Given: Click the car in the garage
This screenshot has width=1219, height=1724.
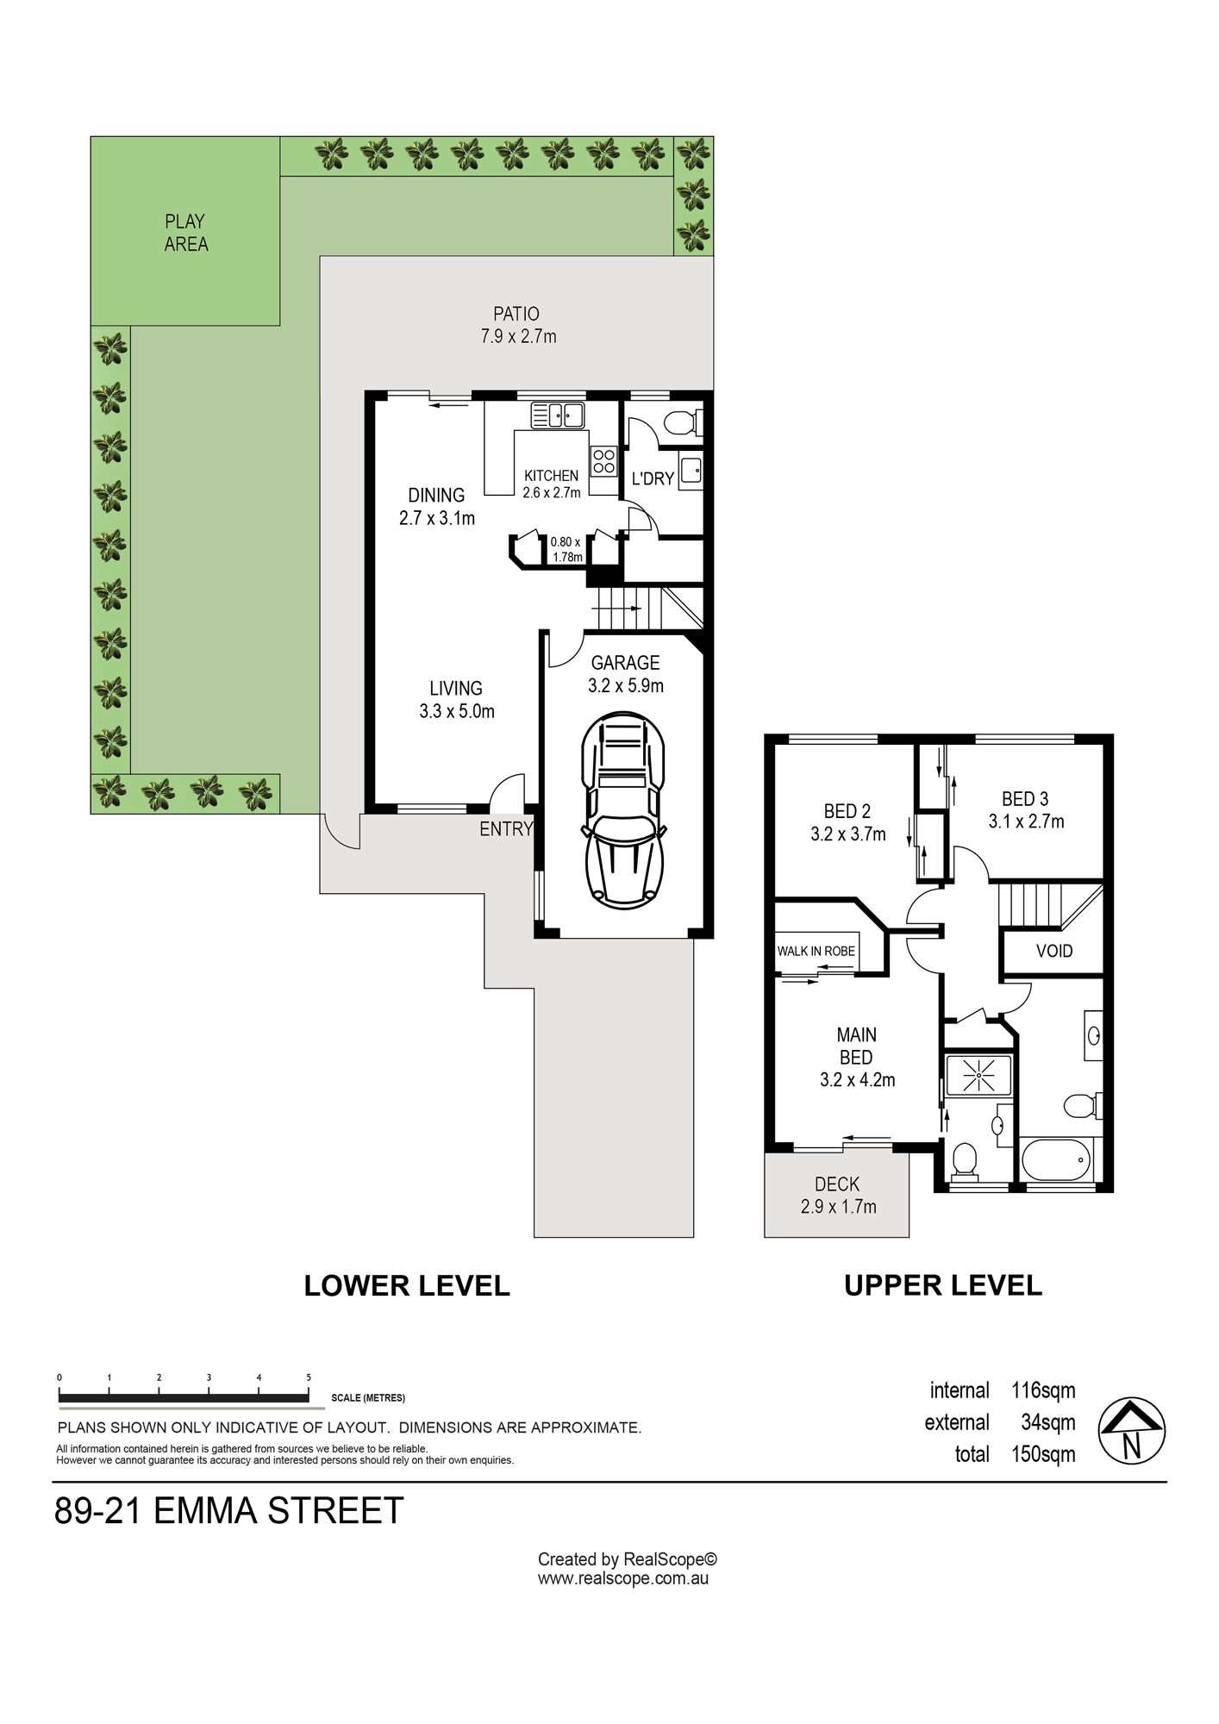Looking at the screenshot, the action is [x=624, y=810].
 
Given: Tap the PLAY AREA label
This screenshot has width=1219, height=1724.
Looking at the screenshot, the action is [x=186, y=233].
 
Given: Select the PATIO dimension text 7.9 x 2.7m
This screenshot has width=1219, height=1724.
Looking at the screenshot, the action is [x=518, y=336].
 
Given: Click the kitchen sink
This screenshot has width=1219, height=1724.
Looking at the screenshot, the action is [x=557, y=415].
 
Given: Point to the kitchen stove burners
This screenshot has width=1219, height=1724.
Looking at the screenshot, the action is [x=603, y=461].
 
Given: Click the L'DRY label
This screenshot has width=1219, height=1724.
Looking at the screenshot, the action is [x=653, y=478].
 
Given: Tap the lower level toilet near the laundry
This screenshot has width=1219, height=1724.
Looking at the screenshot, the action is [x=683, y=423].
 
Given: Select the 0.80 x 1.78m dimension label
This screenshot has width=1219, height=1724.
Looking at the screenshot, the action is [x=566, y=549].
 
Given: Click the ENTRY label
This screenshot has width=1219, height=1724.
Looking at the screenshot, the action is [x=506, y=829].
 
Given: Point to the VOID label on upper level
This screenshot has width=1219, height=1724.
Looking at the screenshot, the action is [x=1054, y=951].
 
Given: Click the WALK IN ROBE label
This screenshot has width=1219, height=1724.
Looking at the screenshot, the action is [x=816, y=951].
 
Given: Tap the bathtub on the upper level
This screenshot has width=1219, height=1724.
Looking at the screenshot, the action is [x=1056, y=1160].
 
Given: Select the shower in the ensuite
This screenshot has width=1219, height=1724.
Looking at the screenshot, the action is [x=978, y=1075].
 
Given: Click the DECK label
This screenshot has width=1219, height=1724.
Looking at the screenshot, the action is [x=837, y=1184].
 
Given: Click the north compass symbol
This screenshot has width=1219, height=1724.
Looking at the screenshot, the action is [x=1131, y=1431].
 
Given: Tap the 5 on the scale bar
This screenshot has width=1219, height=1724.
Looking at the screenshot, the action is [x=309, y=1377].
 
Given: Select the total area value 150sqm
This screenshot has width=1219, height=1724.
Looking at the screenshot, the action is [x=1043, y=1454].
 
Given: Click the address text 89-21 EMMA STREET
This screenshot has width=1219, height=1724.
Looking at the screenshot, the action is [x=228, y=1511].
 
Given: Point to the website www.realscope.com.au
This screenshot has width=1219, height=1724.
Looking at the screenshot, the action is [x=623, y=1578].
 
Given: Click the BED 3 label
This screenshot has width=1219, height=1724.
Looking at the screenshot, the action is [x=1025, y=799].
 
